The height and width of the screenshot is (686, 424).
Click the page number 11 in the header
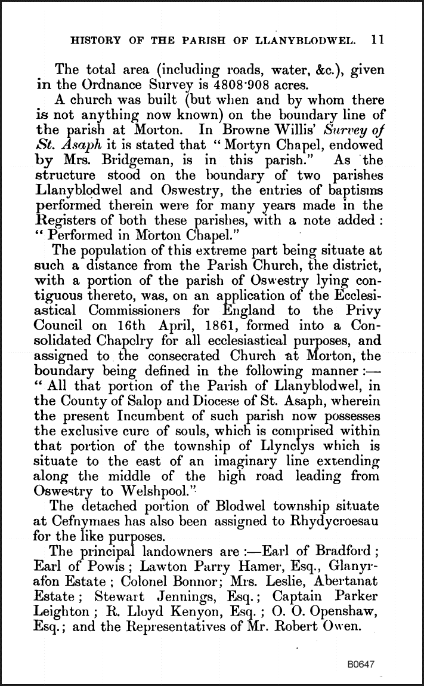click(x=377, y=41)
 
